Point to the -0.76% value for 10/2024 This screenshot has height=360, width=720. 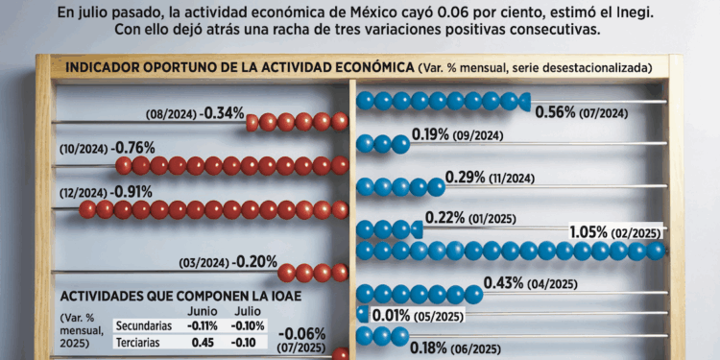pos(133,148)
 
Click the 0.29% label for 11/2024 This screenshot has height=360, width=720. pos(466,178)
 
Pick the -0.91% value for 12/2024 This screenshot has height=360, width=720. pos(132,191)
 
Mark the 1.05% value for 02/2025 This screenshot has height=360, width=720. pos(596,232)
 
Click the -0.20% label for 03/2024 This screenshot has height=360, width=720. pos(256,261)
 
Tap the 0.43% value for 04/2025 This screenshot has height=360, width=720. pos(504,283)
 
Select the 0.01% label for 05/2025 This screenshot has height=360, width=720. pos(392,316)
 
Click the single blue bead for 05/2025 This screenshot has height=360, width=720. pos(362,314)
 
